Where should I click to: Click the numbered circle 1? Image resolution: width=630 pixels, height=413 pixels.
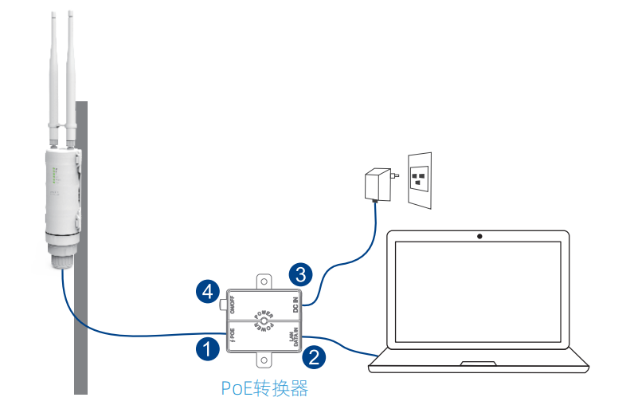207,349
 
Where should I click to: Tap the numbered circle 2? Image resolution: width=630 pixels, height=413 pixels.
315,356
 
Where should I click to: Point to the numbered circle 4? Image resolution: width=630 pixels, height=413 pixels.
208,292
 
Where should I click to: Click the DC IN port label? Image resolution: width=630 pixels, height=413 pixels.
295,304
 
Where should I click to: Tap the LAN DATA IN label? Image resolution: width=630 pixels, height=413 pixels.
293,335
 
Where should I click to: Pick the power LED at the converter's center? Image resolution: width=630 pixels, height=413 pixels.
264,321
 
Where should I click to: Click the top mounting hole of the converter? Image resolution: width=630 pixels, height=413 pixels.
264,281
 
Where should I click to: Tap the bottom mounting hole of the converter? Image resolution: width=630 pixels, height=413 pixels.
264,360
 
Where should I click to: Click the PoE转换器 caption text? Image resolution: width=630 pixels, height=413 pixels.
264,389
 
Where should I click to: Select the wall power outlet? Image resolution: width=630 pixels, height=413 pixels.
420,180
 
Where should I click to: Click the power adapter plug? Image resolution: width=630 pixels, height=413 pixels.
374,184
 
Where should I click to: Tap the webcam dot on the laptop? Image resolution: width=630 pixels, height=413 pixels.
479,237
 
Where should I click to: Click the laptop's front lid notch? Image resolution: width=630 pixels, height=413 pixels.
478,364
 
